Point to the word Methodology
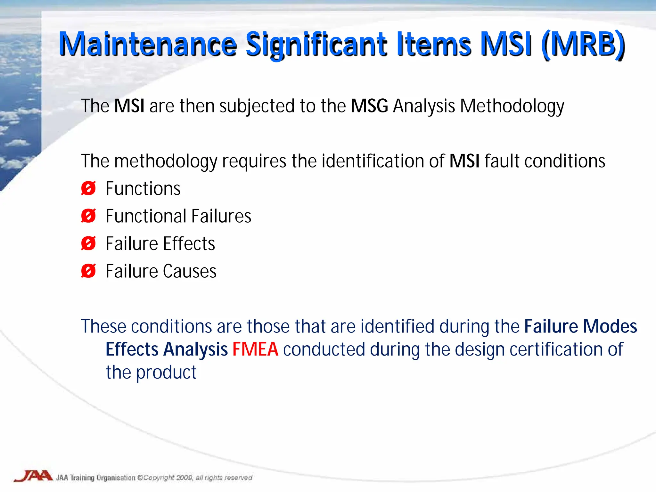coord(512,106)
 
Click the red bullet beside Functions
coord(88,188)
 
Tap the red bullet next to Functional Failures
coord(88,216)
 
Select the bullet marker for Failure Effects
coord(88,243)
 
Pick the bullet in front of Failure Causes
coord(88,271)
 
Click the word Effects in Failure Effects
coord(189,243)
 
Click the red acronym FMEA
coord(255,349)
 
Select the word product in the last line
coord(166,373)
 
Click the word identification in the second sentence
coord(373,161)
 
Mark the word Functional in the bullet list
coord(146,216)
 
